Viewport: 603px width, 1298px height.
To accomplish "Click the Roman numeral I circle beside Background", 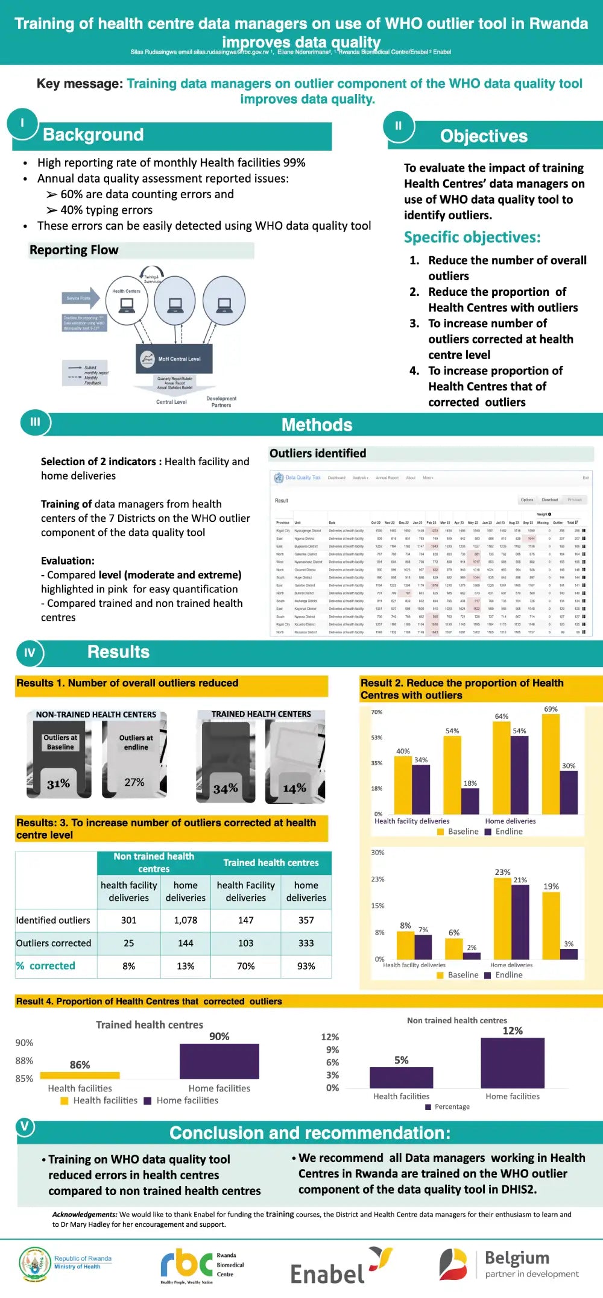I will (x=22, y=123).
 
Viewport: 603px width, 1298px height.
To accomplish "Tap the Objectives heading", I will (x=484, y=136).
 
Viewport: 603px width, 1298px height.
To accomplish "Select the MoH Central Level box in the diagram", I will (x=174, y=359).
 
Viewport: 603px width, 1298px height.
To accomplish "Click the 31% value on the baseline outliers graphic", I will (x=58, y=783).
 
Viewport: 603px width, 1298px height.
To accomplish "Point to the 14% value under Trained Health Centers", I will (x=294, y=788).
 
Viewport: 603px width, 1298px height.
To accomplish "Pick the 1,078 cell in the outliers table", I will (x=185, y=920).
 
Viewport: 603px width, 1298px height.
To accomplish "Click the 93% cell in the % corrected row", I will (x=306, y=966).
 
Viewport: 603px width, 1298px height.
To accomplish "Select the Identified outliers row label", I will (x=53, y=920).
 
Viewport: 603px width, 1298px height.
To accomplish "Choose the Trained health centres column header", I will (x=271, y=863).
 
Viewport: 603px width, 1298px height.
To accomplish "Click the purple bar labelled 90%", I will (x=219, y=1061).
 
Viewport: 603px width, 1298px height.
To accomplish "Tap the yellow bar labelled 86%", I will (x=80, y=1075).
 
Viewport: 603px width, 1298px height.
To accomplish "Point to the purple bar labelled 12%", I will (x=513, y=1062).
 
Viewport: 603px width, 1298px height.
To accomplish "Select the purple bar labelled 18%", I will (x=470, y=801).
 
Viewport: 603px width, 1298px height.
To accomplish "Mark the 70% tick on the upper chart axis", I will (x=377, y=712).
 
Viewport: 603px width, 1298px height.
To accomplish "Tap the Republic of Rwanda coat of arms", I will (x=35, y=1264).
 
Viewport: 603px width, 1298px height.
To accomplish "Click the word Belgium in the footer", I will (x=517, y=1258).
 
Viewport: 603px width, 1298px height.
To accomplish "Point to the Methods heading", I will (x=317, y=425).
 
